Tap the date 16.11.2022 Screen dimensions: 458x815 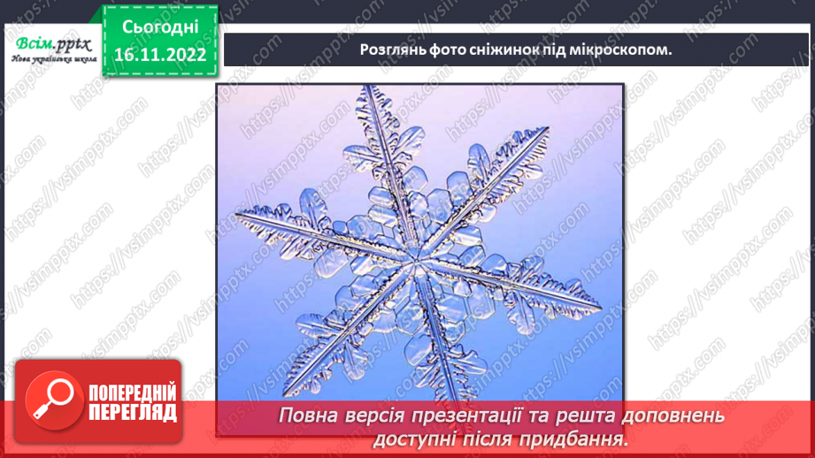(159, 55)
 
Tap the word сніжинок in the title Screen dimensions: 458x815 (509, 50)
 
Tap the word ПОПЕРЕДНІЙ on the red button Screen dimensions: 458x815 (132, 393)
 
